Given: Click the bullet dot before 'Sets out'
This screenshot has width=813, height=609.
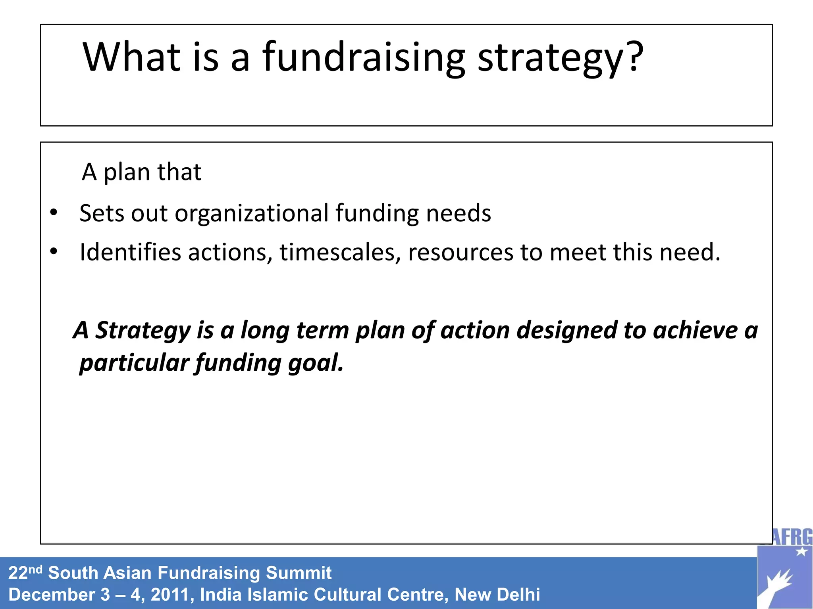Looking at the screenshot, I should tap(54, 213).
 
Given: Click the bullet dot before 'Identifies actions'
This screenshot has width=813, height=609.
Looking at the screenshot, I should tap(54, 251).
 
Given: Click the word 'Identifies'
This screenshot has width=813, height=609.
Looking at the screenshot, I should tap(130, 252).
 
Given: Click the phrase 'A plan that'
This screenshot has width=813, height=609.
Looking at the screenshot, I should tap(141, 172).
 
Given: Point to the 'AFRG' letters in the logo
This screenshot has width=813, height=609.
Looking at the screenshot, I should tap(792, 538).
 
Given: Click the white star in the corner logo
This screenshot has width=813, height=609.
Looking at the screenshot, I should tap(801, 551).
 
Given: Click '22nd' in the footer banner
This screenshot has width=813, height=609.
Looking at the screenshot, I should tap(25, 573).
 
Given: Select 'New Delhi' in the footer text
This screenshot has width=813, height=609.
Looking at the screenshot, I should tap(497, 595).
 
